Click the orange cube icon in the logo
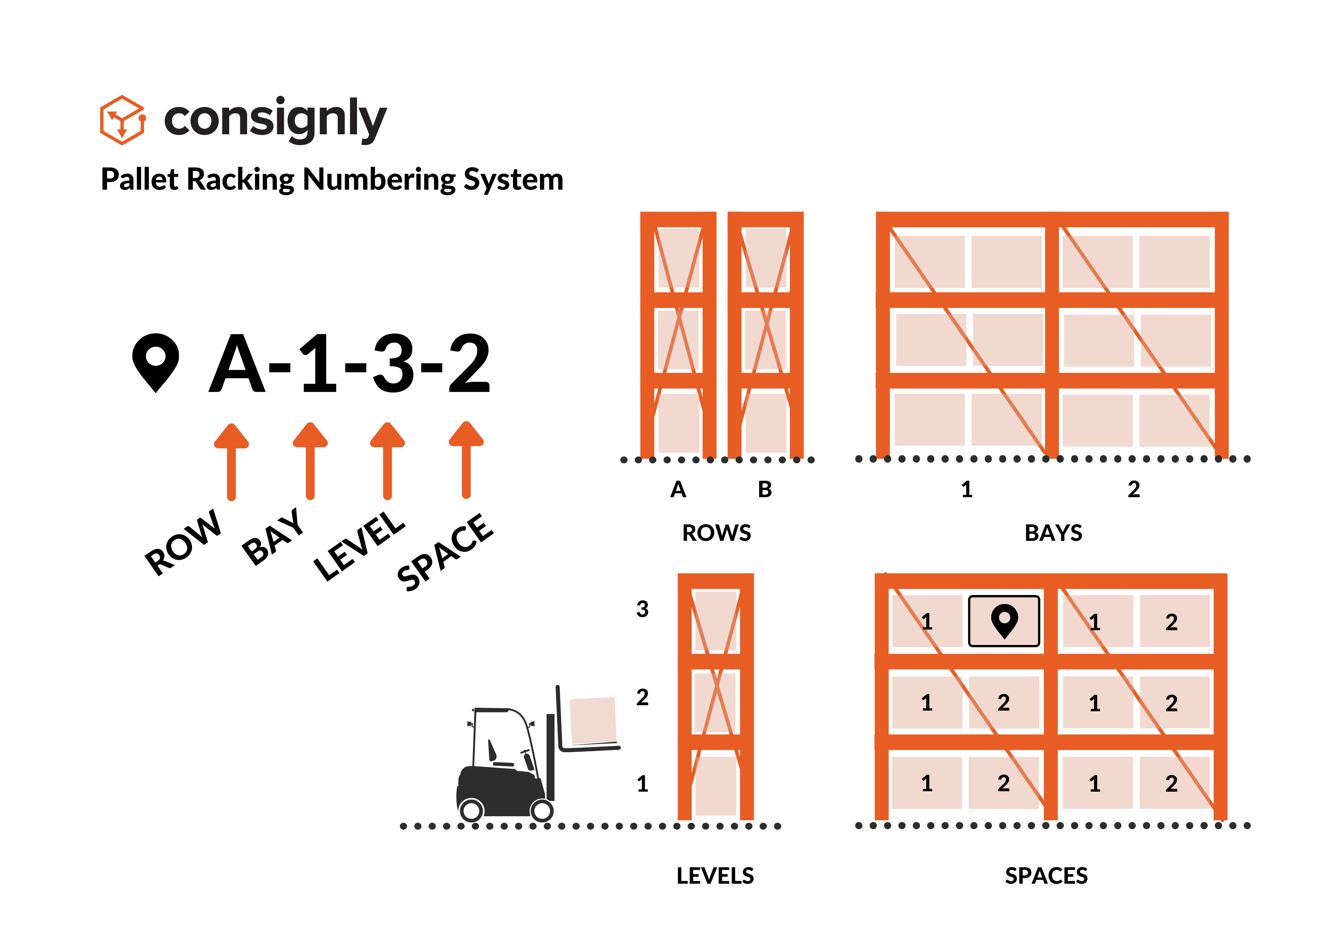click(x=122, y=120)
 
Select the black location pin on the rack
click(x=1004, y=620)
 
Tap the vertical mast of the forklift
click(x=550, y=755)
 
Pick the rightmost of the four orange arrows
click(x=466, y=460)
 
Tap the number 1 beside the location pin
click(x=927, y=622)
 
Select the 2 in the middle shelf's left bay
click(x=1003, y=702)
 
